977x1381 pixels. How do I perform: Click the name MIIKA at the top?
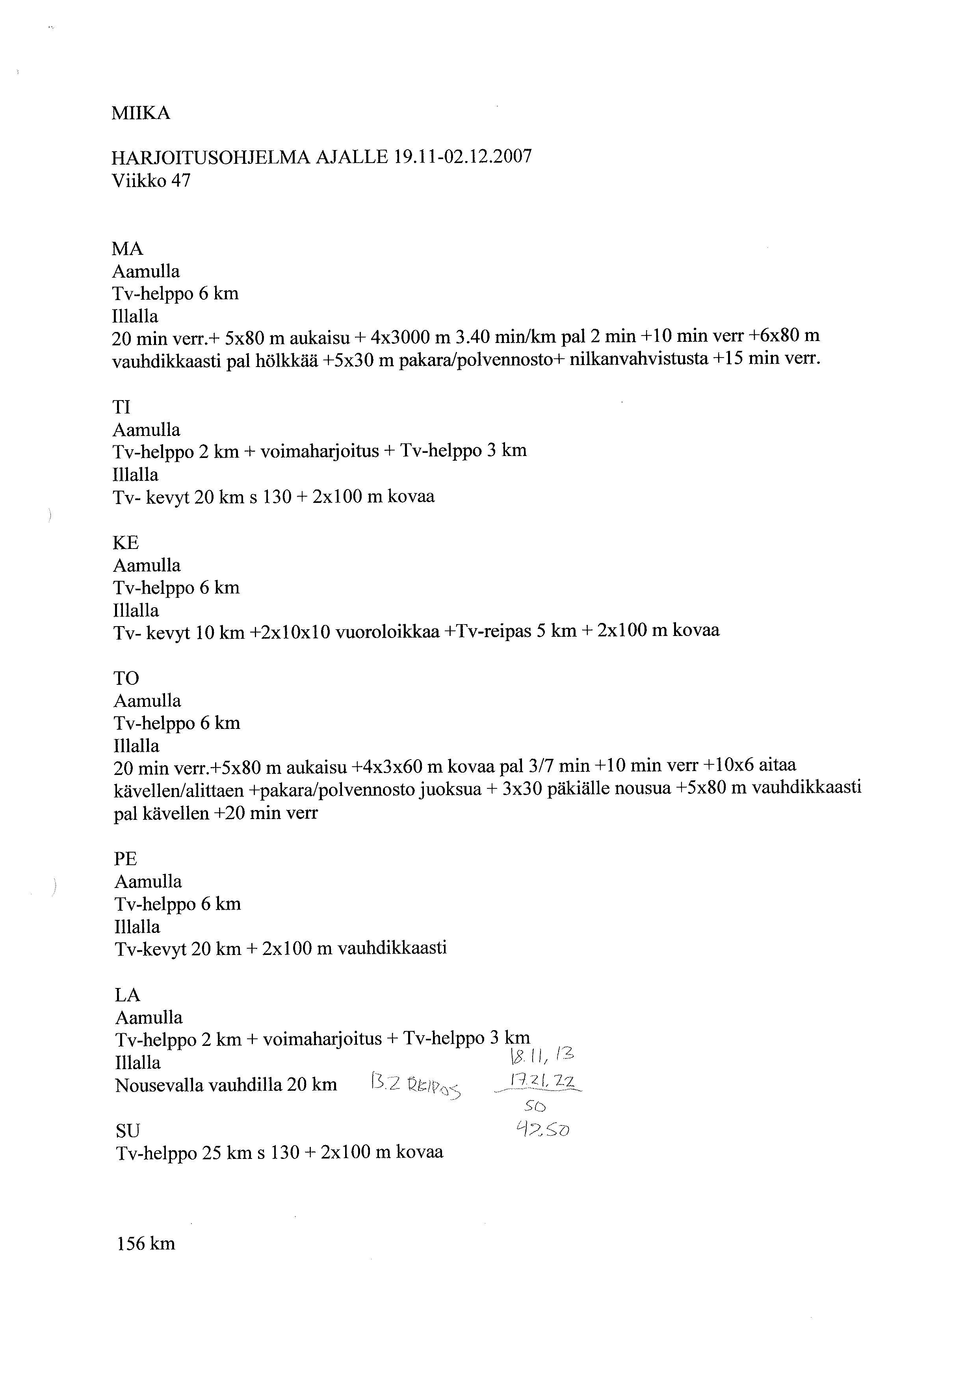(x=141, y=113)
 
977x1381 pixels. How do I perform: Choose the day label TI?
(x=121, y=407)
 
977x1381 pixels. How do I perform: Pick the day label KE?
(x=126, y=543)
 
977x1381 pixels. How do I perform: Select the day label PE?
(x=126, y=858)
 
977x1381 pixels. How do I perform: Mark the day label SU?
(x=128, y=1131)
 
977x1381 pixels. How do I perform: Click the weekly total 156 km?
(x=146, y=1243)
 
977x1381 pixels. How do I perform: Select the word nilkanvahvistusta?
(x=638, y=360)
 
